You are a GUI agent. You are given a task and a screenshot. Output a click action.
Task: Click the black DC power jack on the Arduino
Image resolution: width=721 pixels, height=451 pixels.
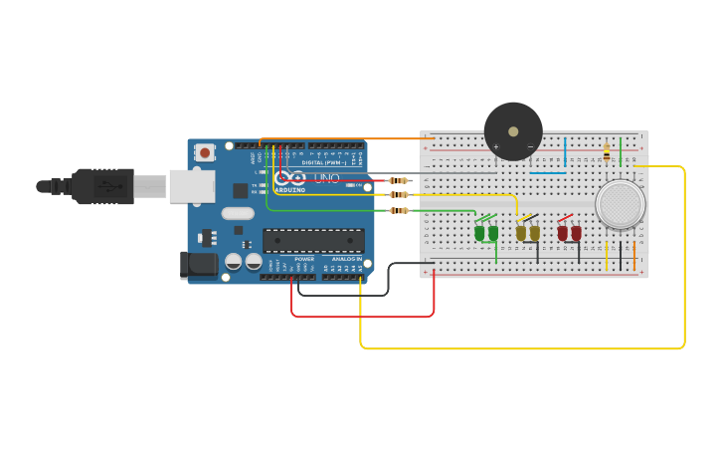click(x=198, y=264)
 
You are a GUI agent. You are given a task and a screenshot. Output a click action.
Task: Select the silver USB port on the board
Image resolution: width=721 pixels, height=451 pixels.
click(x=191, y=186)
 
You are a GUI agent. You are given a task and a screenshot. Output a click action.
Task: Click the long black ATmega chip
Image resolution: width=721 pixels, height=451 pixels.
click(x=313, y=241)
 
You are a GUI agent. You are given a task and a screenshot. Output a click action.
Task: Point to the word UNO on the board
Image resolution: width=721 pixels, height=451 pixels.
click(x=327, y=178)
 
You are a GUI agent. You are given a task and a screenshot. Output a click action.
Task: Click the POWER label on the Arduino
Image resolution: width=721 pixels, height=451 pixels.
click(x=304, y=259)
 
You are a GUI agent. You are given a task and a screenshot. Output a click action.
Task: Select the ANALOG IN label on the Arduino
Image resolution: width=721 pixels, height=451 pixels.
click(x=346, y=259)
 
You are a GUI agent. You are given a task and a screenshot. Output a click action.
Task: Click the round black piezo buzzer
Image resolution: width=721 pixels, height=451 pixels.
click(x=513, y=130)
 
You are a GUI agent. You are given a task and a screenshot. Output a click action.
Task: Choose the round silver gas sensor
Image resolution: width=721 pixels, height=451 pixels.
click(x=621, y=204)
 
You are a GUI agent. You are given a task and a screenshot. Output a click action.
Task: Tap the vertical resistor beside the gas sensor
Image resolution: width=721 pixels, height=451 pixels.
click(x=607, y=152)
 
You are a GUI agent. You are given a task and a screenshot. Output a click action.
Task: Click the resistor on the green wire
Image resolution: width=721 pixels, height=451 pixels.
click(x=399, y=210)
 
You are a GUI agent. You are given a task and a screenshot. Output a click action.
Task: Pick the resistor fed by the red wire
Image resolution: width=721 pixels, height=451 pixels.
click(x=399, y=180)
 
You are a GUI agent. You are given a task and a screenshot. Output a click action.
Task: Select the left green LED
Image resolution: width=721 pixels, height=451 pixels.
click(x=480, y=232)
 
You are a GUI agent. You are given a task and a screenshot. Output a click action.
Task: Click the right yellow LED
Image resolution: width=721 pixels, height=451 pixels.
click(x=535, y=233)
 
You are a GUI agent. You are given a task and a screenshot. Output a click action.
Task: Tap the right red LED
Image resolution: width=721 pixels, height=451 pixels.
click(x=576, y=233)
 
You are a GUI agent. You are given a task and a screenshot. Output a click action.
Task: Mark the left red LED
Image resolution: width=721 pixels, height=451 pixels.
click(x=563, y=233)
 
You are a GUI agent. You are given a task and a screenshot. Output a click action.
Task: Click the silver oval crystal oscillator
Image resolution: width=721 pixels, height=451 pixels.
click(x=238, y=213)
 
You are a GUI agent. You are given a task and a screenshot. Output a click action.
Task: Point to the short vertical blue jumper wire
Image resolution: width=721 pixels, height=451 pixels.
click(x=565, y=151)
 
